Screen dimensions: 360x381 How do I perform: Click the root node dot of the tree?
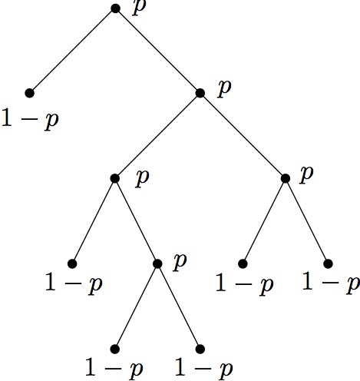[x=115, y=8]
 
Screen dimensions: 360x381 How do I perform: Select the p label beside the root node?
[x=139, y=8]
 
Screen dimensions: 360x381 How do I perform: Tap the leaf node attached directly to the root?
[x=30, y=93]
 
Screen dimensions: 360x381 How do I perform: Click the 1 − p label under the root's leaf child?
[x=30, y=119]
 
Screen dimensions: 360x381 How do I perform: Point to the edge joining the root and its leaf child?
[x=72, y=51]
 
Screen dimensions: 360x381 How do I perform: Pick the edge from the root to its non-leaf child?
[x=157, y=51]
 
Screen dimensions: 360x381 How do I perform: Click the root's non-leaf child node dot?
[x=200, y=93]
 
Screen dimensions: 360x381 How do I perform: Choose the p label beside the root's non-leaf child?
[x=224, y=88]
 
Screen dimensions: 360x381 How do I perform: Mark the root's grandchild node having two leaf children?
[x=286, y=178]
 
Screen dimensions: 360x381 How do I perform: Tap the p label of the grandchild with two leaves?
[x=306, y=174]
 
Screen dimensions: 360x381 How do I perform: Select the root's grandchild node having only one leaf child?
[x=115, y=178]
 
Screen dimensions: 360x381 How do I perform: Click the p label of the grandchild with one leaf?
[x=142, y=178]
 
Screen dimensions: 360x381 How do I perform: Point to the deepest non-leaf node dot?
[x=157, y=263]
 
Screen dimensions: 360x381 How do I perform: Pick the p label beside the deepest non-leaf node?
[x=180, y=262]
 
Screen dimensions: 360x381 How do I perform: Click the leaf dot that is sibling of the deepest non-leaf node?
[x=72, y=263]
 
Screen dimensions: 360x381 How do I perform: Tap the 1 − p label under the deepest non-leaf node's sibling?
[x=74, y=283]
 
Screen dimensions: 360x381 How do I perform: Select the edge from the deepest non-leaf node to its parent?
[x=136, y=220]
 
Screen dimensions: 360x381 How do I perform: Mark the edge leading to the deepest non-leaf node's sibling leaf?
[x=94, y=220]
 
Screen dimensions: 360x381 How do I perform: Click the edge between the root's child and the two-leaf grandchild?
[x=243, y=136]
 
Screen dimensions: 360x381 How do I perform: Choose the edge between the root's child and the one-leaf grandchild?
[x=157, y=136]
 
